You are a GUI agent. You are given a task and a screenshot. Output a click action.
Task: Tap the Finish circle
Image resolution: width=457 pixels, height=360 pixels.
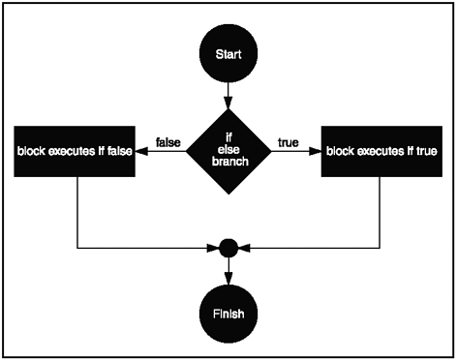point(228,314)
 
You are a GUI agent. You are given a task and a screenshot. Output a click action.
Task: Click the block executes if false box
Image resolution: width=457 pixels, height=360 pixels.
point(76,151)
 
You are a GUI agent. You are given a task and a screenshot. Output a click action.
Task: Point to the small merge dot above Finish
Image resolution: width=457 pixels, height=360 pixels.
point(228,249)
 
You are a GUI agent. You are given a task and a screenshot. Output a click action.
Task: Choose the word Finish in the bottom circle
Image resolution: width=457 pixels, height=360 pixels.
point(228,314)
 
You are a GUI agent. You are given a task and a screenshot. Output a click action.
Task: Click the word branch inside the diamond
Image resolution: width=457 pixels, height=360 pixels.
point(228,164)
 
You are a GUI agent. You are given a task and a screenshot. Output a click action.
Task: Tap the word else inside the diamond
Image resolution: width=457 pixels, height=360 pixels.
point(228,150)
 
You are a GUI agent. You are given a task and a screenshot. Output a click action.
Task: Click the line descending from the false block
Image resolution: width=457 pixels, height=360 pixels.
point(76,213)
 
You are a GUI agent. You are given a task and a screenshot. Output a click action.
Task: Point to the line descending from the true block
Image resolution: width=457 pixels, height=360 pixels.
point(379,213)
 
